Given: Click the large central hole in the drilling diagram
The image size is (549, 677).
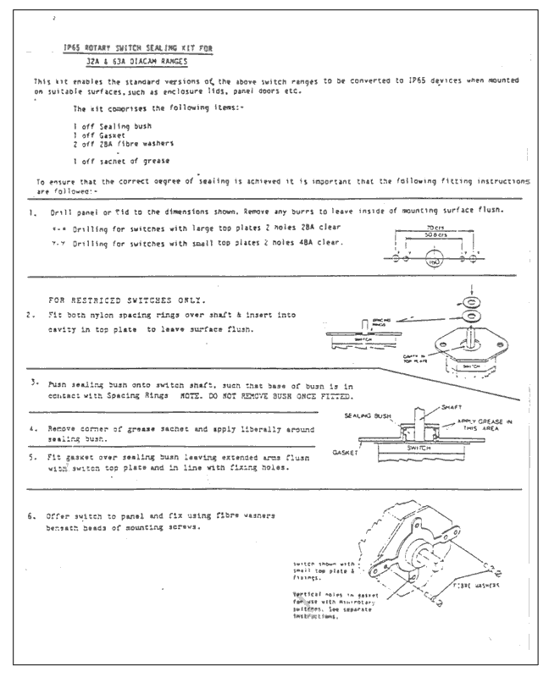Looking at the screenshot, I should (x=433, y=259).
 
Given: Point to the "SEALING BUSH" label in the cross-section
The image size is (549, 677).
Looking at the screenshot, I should (x=367, y=416).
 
